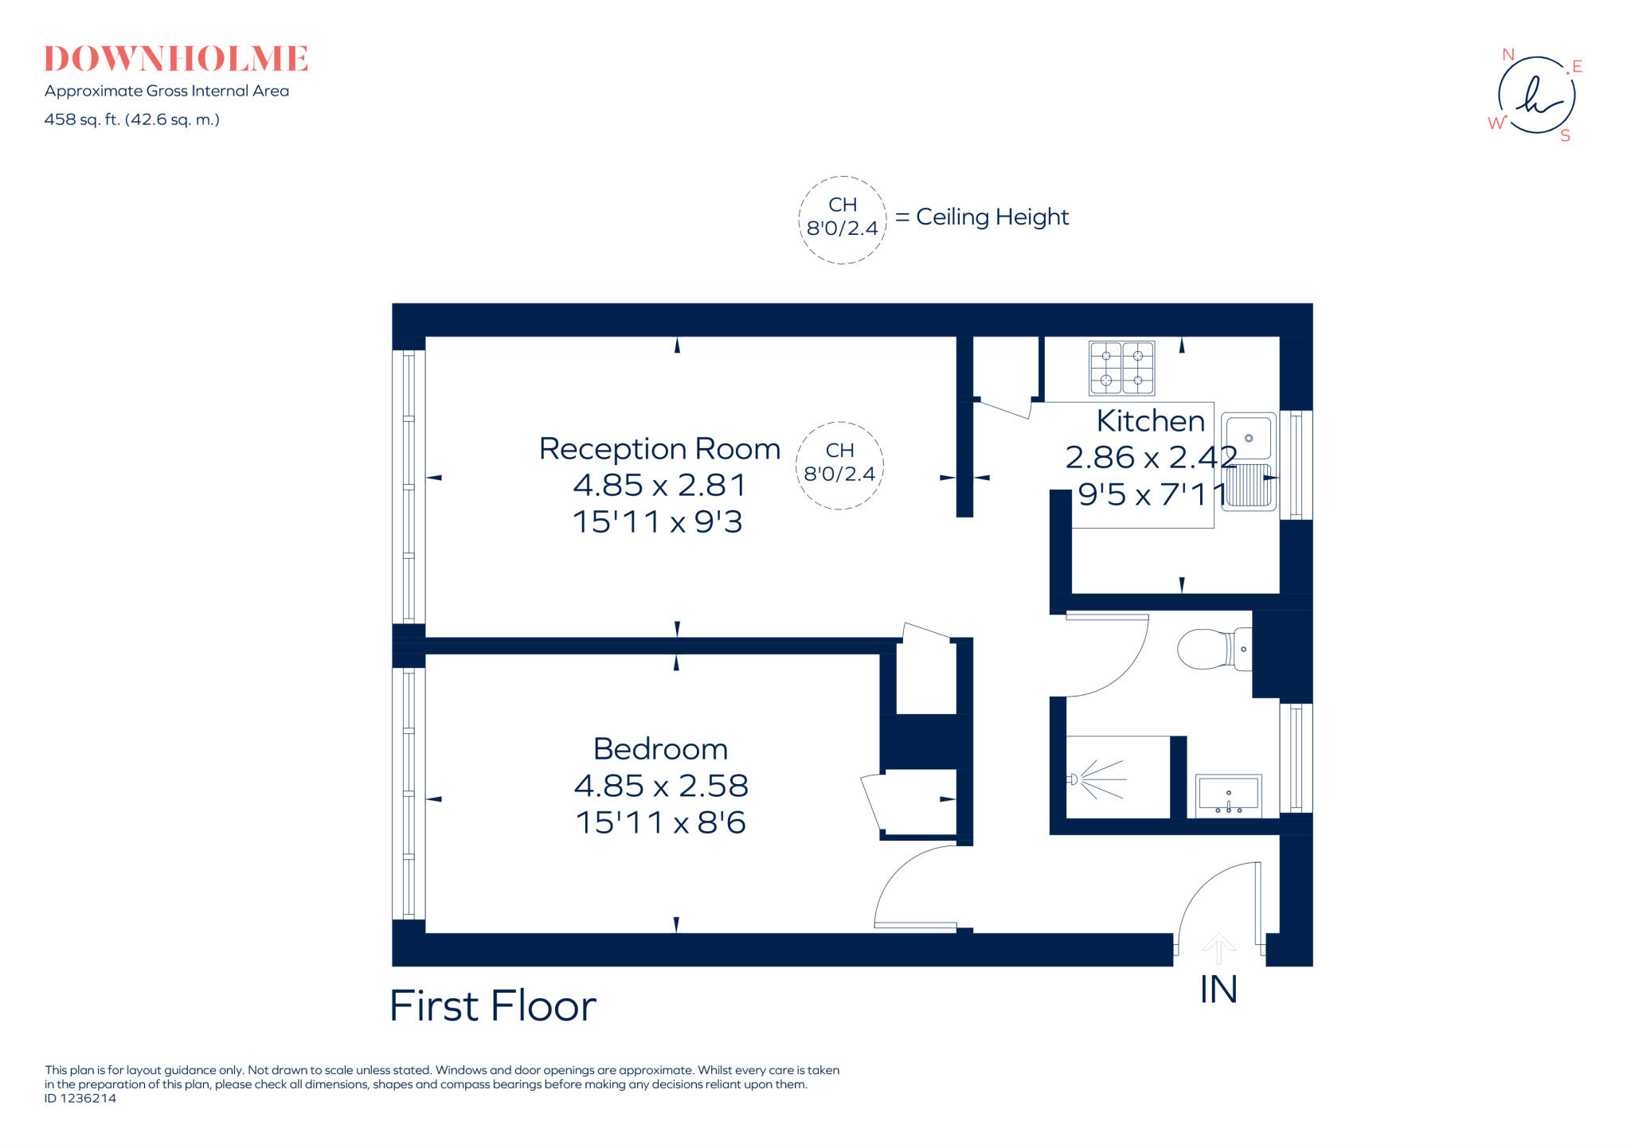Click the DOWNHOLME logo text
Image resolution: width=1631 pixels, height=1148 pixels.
tap(175, 59)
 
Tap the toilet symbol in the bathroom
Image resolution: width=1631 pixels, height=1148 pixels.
tap(1212, 649)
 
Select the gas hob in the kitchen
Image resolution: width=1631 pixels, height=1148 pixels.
tap(1121, 368)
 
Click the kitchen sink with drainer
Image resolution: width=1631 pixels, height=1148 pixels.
tap(1248, 462)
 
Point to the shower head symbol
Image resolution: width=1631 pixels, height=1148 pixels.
tap(1074, 779)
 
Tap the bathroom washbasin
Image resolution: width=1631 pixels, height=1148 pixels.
tap(1228, 795)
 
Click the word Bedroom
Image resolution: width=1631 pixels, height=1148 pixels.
tap(660, 749)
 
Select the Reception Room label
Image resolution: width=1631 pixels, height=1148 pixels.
tap(659, 449)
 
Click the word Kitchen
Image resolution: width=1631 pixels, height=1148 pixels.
tap(1150, 420)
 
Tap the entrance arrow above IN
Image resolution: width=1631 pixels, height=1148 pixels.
tap(1218, 947)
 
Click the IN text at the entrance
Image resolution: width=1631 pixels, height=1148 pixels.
tap(1218, 990)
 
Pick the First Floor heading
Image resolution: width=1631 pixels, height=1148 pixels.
tap(493, 1005)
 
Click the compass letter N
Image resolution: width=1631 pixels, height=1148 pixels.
tap(1508, 55)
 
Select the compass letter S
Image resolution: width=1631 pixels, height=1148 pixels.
tap(1565, 136)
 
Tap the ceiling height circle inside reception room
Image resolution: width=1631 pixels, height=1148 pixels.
tap(839, 465)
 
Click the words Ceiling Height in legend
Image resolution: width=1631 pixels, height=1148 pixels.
tap(992, 217)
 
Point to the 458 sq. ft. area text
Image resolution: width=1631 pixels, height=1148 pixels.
tap(131, 119)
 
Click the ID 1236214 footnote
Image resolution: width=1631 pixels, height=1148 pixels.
tap(80, 1099)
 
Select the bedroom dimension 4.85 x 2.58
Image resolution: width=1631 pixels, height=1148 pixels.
tap(661, 786)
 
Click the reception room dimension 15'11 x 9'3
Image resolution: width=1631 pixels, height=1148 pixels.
tap(658, 522)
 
